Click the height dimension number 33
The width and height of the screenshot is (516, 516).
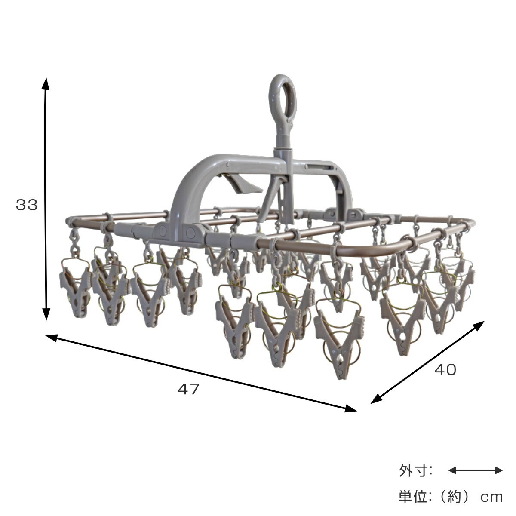point(27,205)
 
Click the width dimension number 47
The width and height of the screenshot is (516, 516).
point(189,389)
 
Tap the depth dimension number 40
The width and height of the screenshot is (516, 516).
point(445,370)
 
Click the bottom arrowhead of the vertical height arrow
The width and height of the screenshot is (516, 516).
point(46,313)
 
